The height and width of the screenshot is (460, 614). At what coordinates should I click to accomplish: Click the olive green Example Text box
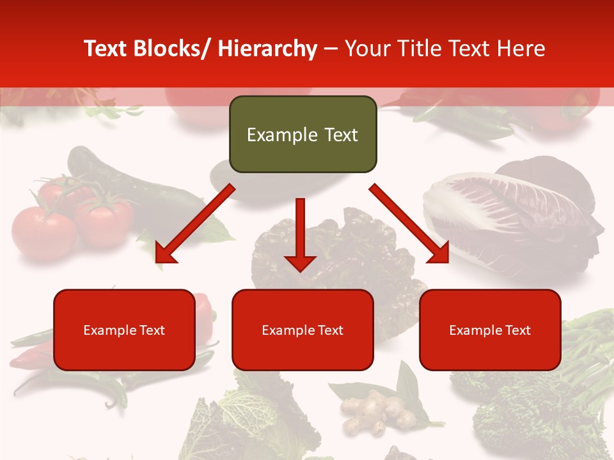click(x=303, y=135)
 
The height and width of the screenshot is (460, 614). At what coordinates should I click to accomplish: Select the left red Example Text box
click(x=124, y=330)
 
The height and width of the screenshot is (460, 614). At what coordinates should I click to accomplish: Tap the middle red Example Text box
click(x=303, y=330)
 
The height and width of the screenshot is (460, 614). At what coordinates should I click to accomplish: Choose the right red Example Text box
click(x=490, y=330)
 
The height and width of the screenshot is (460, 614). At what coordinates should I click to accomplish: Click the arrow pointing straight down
click(x=300, y=236)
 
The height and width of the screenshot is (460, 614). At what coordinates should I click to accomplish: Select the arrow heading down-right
click(x=409, y=224)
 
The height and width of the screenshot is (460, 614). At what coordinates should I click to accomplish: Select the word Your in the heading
click(x=366, y=49)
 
